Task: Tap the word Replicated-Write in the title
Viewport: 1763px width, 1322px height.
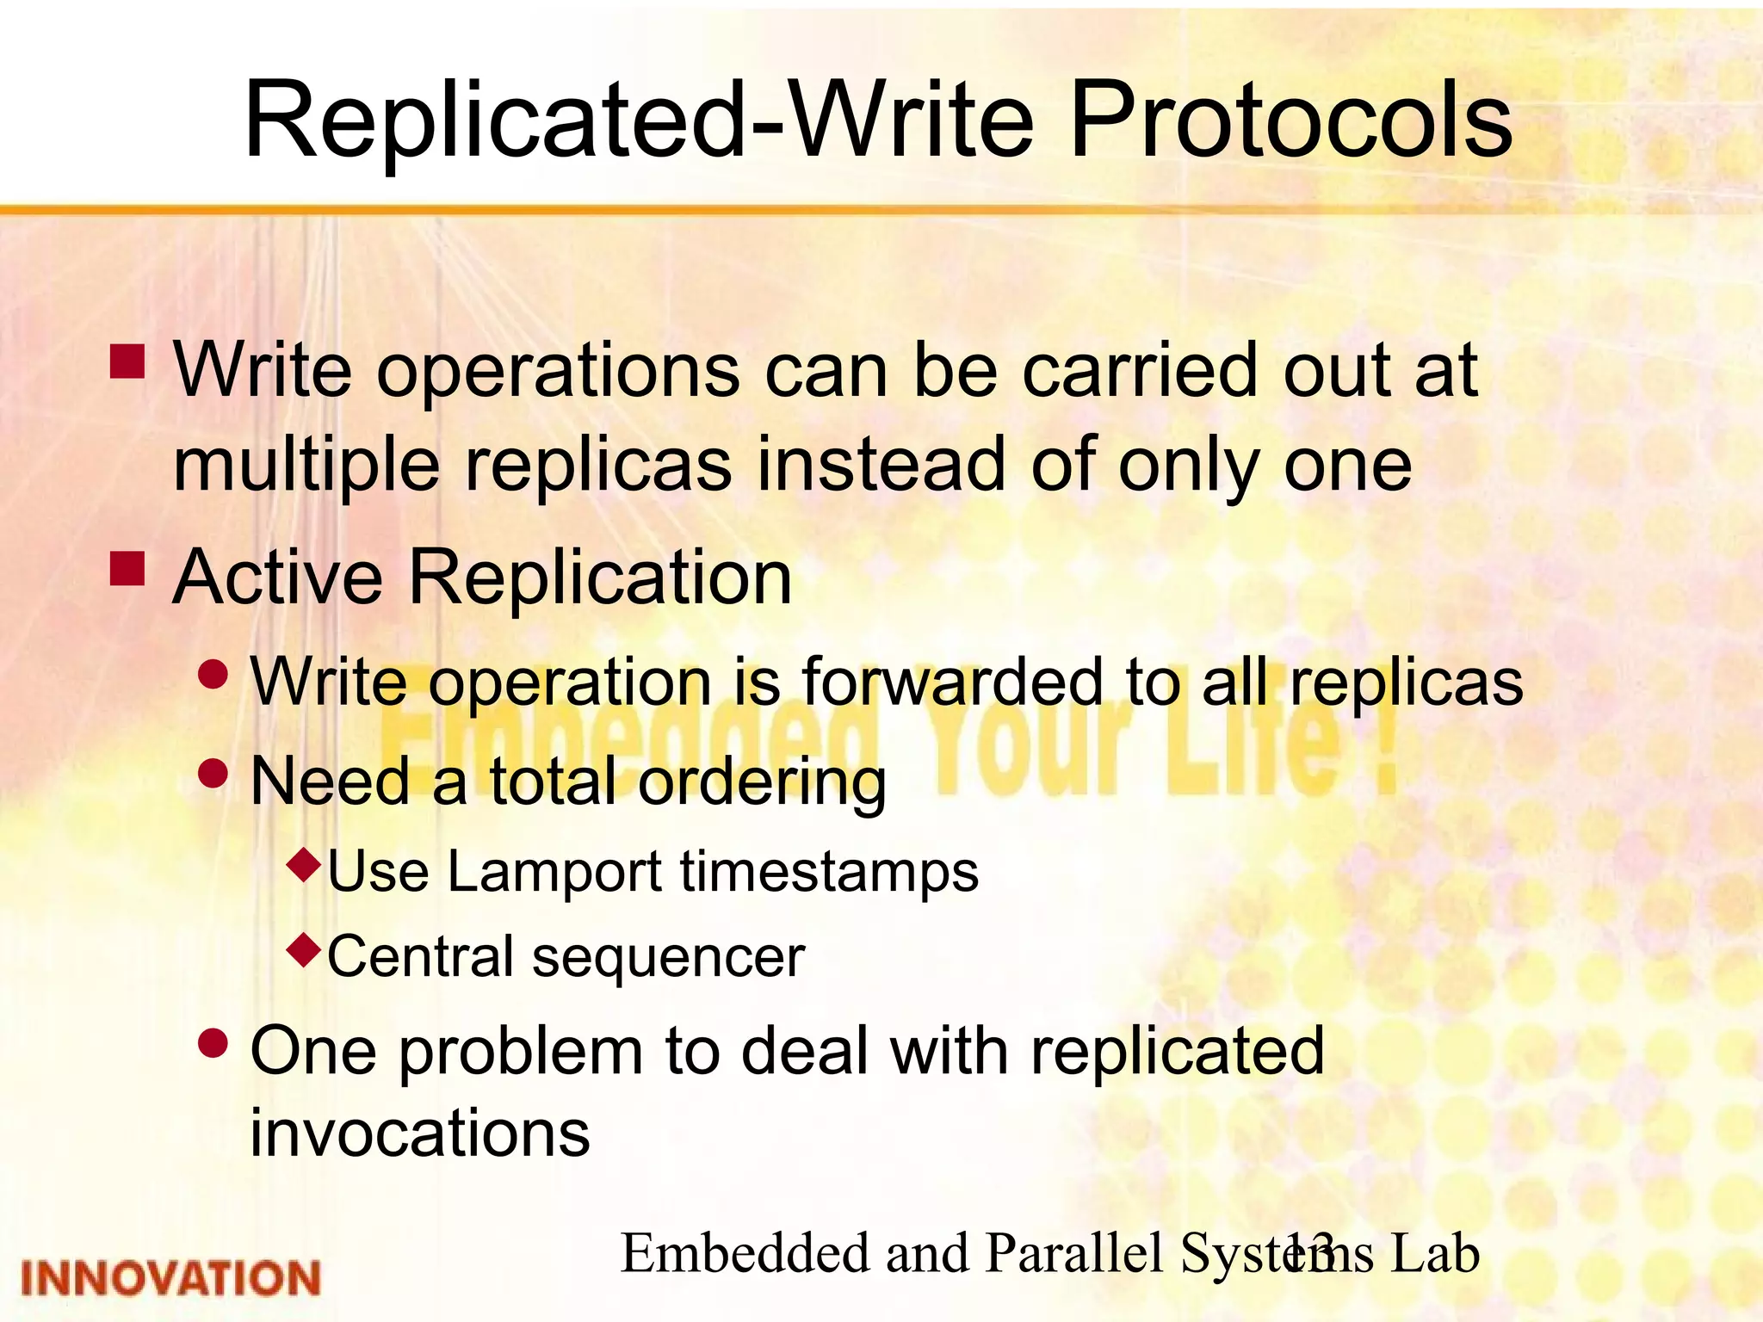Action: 637,120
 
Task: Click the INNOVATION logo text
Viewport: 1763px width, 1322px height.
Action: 170,1278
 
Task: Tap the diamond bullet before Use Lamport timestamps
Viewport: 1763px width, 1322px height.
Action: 306,862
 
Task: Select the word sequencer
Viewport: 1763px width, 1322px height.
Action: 668,958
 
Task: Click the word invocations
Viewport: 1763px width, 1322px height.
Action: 420,1133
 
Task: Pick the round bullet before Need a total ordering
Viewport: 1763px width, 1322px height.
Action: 213,772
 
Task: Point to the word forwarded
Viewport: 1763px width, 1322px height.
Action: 952,682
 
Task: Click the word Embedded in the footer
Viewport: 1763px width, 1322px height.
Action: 745,1253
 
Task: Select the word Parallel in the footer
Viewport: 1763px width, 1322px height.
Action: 1076,1253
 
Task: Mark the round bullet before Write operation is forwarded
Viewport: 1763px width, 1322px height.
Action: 213,674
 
